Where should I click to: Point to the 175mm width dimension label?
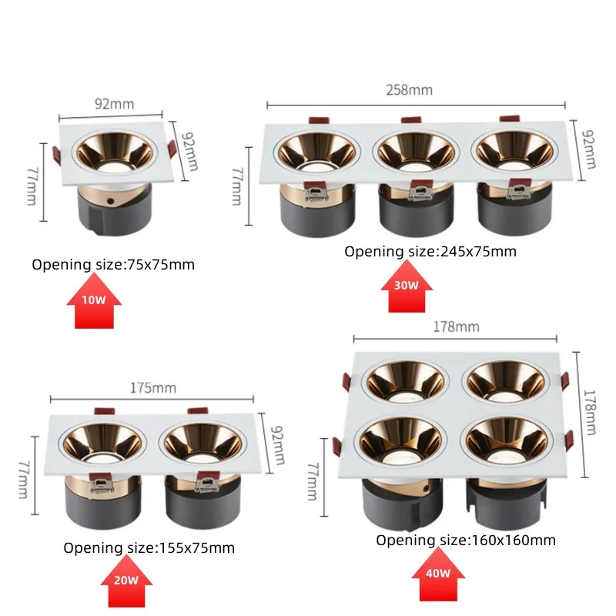(152, 387)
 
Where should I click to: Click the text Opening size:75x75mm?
(113, 265)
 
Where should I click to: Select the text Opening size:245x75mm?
(430, 251)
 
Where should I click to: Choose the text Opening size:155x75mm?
(149, 548)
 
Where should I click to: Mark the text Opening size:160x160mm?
(465, 541)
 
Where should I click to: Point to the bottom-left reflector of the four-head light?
(403, 441)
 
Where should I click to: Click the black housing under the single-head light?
(110, 209)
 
